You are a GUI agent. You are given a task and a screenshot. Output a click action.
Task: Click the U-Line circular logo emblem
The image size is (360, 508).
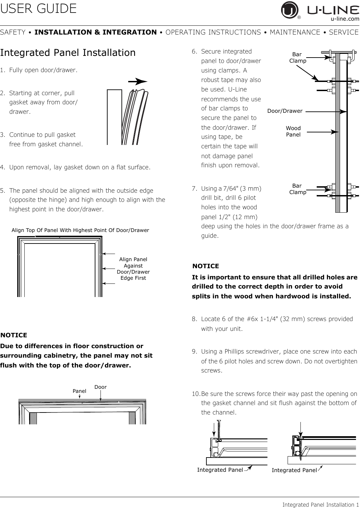290,10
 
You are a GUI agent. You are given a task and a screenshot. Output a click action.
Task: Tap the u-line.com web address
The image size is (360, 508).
345,19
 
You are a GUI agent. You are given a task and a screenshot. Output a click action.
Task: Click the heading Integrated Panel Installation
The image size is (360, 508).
68,52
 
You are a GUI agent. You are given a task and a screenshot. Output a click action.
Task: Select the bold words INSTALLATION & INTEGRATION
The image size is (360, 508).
95,32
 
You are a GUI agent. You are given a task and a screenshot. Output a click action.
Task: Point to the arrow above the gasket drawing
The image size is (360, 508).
138,82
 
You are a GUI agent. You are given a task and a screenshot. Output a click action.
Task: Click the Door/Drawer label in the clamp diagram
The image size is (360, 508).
285,111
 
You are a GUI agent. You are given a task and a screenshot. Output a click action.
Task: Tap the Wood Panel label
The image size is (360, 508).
293,131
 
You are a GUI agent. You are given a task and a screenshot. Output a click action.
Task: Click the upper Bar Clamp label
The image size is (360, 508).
297,58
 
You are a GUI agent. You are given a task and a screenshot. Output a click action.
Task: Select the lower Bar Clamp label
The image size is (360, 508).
297,189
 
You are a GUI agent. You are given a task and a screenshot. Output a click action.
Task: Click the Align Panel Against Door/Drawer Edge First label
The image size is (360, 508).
133,269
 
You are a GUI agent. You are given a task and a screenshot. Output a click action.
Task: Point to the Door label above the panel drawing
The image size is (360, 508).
100,387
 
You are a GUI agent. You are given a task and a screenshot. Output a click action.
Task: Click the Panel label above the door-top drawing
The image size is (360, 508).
79,391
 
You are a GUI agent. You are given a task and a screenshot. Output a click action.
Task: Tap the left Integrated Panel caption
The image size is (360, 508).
220,470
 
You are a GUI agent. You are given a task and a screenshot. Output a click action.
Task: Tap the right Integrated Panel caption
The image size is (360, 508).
294,470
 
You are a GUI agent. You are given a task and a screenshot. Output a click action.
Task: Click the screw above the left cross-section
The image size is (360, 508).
219,430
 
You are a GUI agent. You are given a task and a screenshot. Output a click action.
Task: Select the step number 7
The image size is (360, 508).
194,188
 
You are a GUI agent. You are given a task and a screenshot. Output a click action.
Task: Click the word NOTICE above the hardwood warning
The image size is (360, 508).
205,266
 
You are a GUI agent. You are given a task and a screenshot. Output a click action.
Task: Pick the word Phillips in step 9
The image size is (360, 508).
234,352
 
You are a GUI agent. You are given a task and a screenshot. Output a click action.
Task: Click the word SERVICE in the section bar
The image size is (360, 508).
344,32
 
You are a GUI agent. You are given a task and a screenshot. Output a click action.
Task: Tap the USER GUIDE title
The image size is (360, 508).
38,8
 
